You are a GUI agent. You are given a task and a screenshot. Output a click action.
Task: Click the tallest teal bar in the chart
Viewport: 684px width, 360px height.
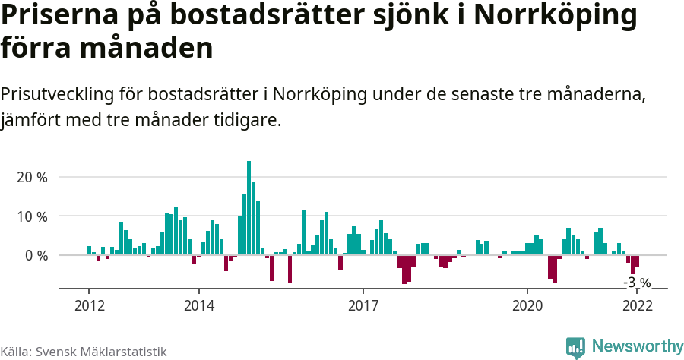pos(249,207)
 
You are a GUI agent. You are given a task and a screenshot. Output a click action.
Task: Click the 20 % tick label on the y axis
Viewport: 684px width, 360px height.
pos(31,177)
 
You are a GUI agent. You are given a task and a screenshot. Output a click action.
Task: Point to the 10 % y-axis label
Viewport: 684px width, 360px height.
pos(31,216)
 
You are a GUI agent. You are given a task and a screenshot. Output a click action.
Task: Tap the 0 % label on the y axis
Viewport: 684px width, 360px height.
pos(35,256)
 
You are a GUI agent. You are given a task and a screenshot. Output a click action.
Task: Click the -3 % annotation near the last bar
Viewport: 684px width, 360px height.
pos(637,283)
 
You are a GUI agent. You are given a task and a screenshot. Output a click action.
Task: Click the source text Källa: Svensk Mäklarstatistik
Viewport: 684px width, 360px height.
pos(83,352)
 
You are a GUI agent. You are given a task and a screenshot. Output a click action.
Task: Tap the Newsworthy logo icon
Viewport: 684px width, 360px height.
pos(575,347)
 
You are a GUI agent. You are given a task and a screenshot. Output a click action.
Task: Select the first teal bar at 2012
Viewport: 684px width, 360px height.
pos(89,251)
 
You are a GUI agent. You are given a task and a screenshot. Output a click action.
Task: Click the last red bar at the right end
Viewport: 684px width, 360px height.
pos(637,261)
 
